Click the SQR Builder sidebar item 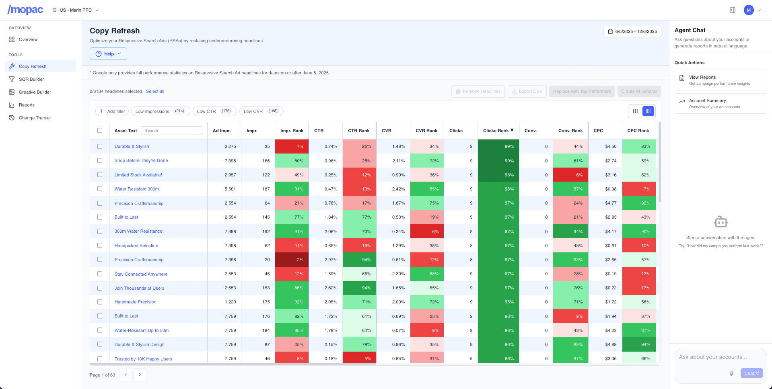click(31, 79)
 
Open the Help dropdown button click(108, 54)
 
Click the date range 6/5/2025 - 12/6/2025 click(632, 31)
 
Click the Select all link click(155, 91)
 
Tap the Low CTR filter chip click(214, 111)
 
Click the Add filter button click(112, 111)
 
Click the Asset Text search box click(172, 131)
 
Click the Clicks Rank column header click(498, 131)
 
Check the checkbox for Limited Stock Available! click(100, 175)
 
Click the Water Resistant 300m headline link click(136, 189)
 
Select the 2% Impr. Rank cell click(292, 260)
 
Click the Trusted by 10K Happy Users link click(143, 359)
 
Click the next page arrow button click(140, 375)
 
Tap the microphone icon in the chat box click(731, 373)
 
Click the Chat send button click(751, 373)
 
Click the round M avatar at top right click(749, 10)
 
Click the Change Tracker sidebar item click(35, 118)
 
